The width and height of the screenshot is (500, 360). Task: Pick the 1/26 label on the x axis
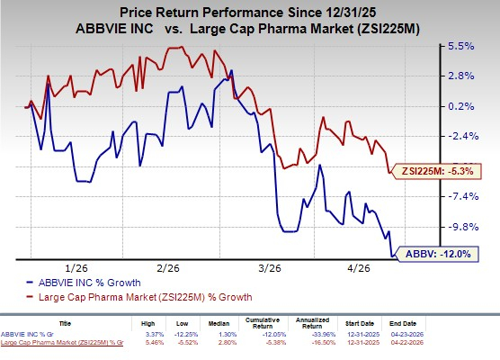pyautogui.click(x=76, y=267)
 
